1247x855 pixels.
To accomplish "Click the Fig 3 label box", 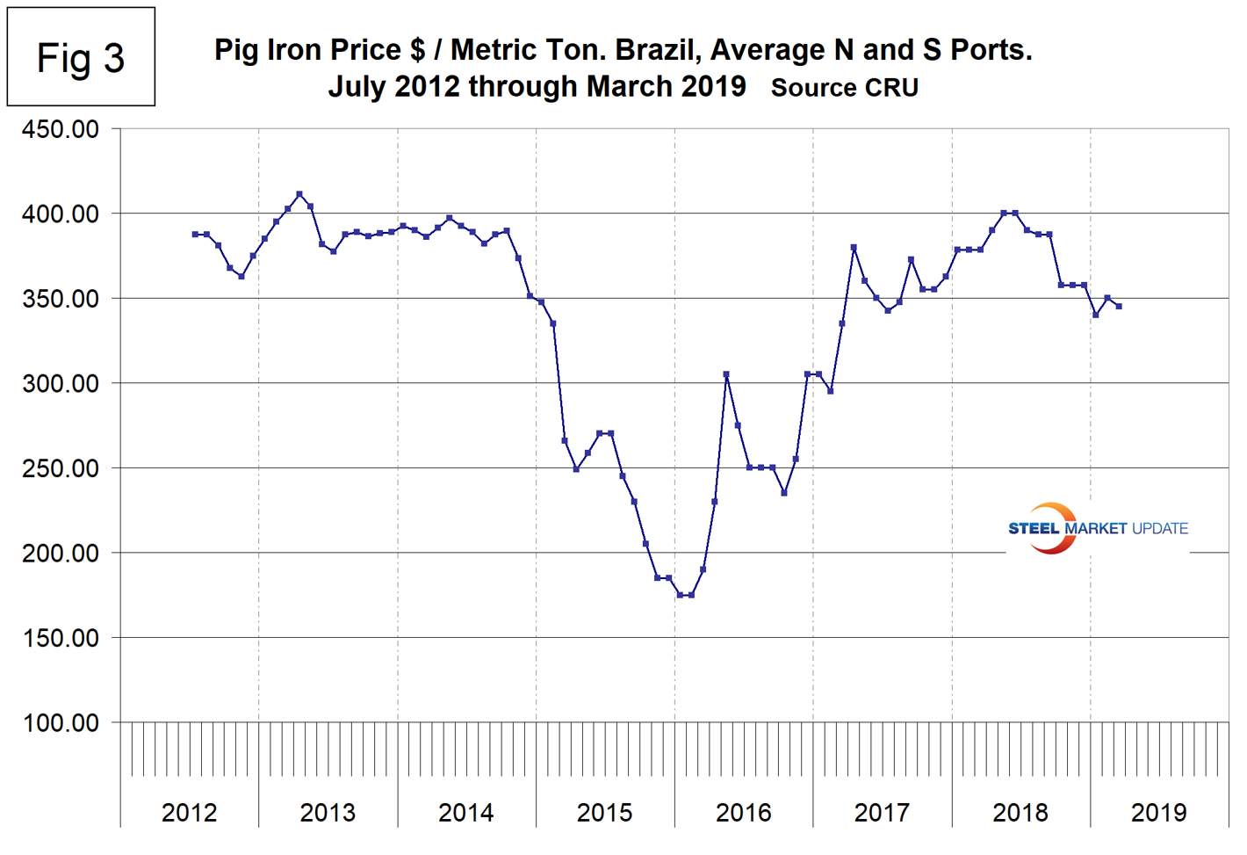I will pos(81,58).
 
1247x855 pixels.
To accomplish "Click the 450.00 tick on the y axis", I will pos(61,129).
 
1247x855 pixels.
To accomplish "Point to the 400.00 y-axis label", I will pos(61,214).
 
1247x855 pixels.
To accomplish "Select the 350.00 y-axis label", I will pos(61,299).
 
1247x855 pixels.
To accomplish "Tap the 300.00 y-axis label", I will pos(61,383).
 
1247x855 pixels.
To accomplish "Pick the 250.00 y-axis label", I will pos(61,468).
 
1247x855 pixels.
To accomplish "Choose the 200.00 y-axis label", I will pos(61,553).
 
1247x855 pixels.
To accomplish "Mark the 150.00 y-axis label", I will pos(61,638).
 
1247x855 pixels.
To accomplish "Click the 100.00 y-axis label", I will pos(61,722).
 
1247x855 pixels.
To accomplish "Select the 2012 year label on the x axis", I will pos(189,813).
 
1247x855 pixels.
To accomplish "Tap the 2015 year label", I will pos(604,813).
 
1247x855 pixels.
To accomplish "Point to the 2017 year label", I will pos(882,813).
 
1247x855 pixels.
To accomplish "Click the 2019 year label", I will pos(1158,813).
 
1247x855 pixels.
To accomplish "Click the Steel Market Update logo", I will pos(1097,528).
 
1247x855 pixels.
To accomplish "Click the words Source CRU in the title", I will pos(845,88).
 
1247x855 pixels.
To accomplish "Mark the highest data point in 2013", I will pos(299,194).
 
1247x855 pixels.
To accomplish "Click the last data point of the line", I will pos(1119,307).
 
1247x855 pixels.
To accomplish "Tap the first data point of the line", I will pos(195,235).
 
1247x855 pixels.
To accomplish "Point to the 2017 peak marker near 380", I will pos(854,248).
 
